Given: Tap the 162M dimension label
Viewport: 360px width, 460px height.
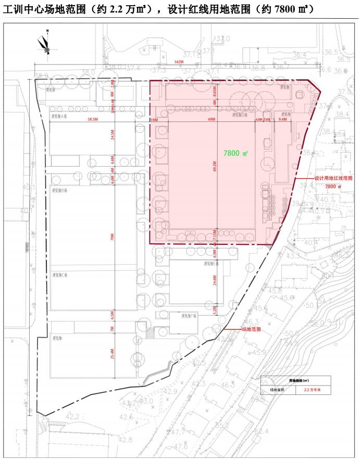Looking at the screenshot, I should pyautogui.click(x=180, y=62).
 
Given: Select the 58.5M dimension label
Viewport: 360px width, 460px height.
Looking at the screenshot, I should pyautogui.click(x=94, y=120).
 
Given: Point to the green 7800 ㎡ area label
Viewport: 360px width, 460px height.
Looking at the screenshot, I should pyautogui.click(x=235, y=154).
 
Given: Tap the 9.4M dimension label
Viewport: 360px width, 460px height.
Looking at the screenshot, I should pyautogui.click(x=283, y=120).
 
